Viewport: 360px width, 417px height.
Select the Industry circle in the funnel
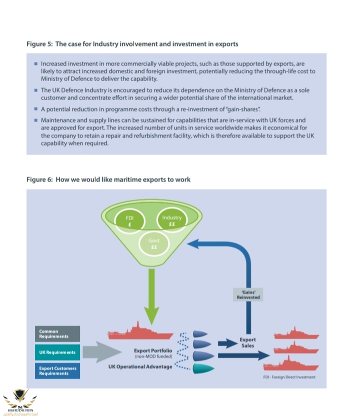coord(171,220)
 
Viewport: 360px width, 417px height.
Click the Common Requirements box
coord(57,333)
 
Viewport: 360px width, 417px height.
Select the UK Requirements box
coord(57,352)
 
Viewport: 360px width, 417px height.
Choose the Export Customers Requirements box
coord(57,370)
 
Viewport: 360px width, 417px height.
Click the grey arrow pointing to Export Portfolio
coord(100,352)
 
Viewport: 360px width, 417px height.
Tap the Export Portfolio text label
coord(154,350)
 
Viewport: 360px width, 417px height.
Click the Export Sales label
coord(248,342)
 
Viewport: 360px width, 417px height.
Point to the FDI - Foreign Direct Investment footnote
coord(289,377)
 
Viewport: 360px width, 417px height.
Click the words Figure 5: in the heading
coord(39,44)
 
